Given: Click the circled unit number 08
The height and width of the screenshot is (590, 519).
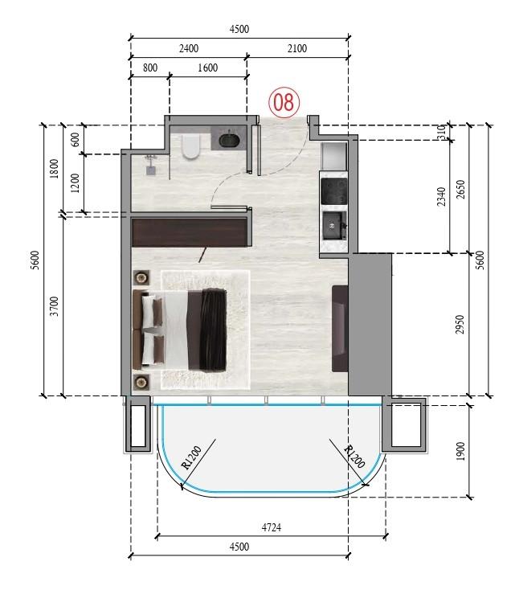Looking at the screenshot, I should click(x=284, y=102).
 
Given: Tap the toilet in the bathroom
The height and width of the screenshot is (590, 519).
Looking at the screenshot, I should click(x=191, y=146).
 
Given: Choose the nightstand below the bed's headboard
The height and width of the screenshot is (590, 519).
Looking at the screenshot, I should click(x=141, y=380).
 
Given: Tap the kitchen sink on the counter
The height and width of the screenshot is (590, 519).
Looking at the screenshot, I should click(x=333, y=227).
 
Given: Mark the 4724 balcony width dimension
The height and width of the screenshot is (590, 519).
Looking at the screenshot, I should click(x=271, y=528).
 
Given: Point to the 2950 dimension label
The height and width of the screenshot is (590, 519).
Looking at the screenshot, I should click(x=460, y=324).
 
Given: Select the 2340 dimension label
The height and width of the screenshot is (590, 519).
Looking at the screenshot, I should click(x=440, y=196).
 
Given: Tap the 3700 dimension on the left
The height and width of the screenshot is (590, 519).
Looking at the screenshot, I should click(x=54, y=306).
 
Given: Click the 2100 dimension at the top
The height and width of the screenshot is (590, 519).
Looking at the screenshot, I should click(x=296, y=48).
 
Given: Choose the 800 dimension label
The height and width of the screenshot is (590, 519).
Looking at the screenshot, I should click(x=149, y=68).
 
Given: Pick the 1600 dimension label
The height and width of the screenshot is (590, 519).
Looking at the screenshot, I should click(x=207, y=68).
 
